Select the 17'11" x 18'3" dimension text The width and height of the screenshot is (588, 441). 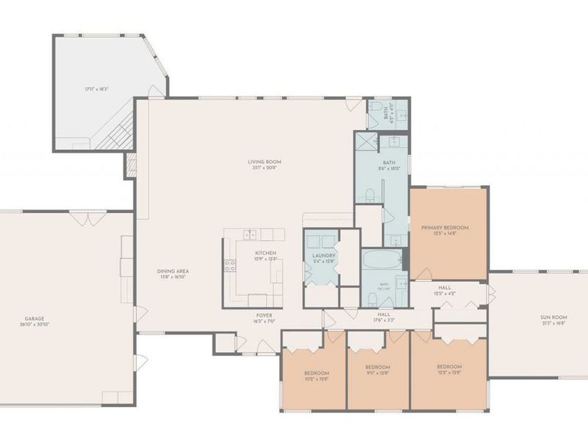click(96, 89)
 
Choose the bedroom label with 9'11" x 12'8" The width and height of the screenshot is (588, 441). click(377, 370)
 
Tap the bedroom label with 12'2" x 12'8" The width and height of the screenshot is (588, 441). click(448, 370)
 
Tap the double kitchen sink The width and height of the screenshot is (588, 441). click(251, 234)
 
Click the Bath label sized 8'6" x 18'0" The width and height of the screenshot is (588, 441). click(389, 165)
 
